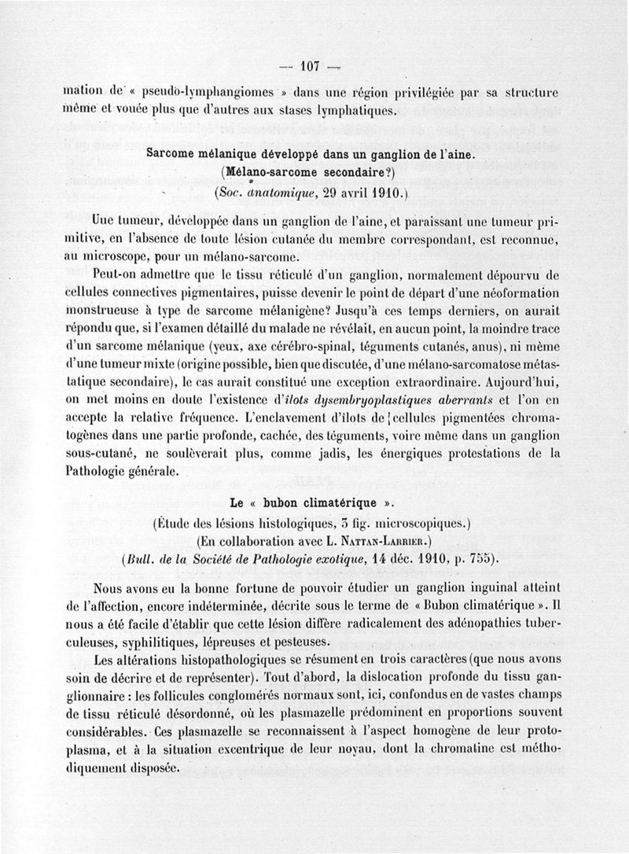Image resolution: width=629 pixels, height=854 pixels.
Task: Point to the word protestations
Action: [465, 452]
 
